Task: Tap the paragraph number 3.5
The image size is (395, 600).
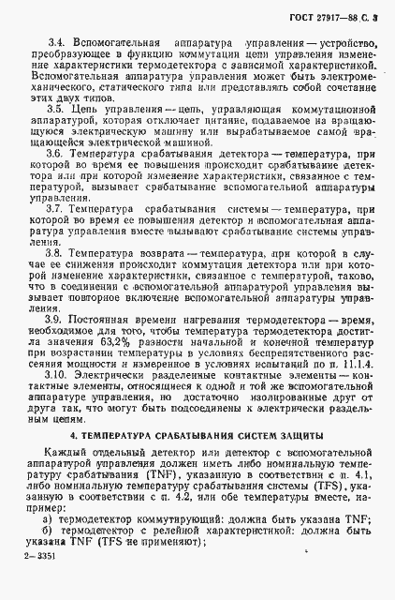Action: click(x=53, y=109)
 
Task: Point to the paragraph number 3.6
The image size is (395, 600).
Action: click(x=53, y=153)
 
